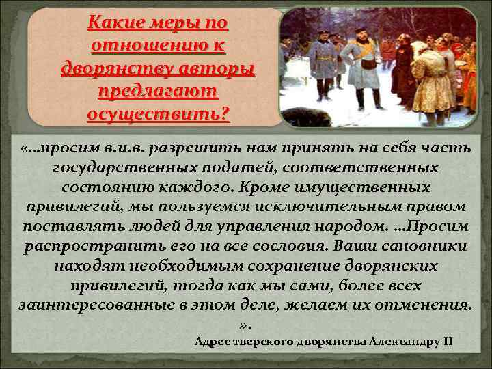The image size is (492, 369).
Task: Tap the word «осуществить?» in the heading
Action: click(x=159, y=111)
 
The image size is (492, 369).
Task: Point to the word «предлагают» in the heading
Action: click(x=158, y=90)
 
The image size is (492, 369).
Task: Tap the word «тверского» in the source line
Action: click(x=264, y=341)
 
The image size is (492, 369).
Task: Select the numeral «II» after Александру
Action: click(x=448, y=341)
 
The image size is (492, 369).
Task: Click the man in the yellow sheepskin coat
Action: click(x=430, y=79)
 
